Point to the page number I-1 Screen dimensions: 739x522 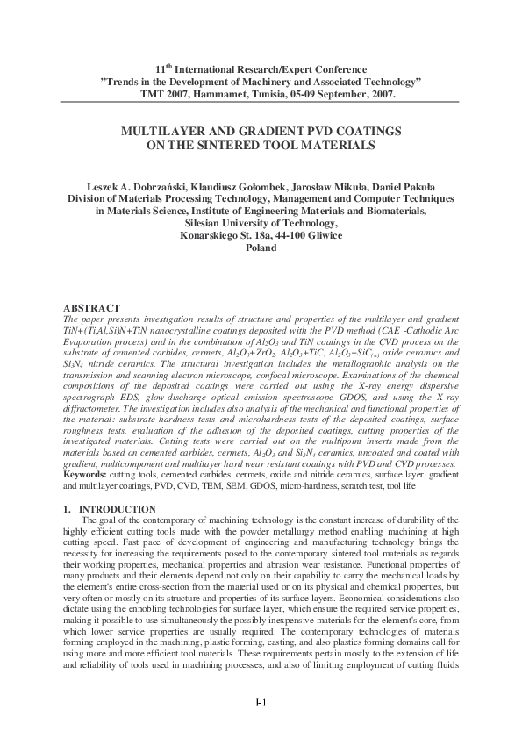261,725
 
